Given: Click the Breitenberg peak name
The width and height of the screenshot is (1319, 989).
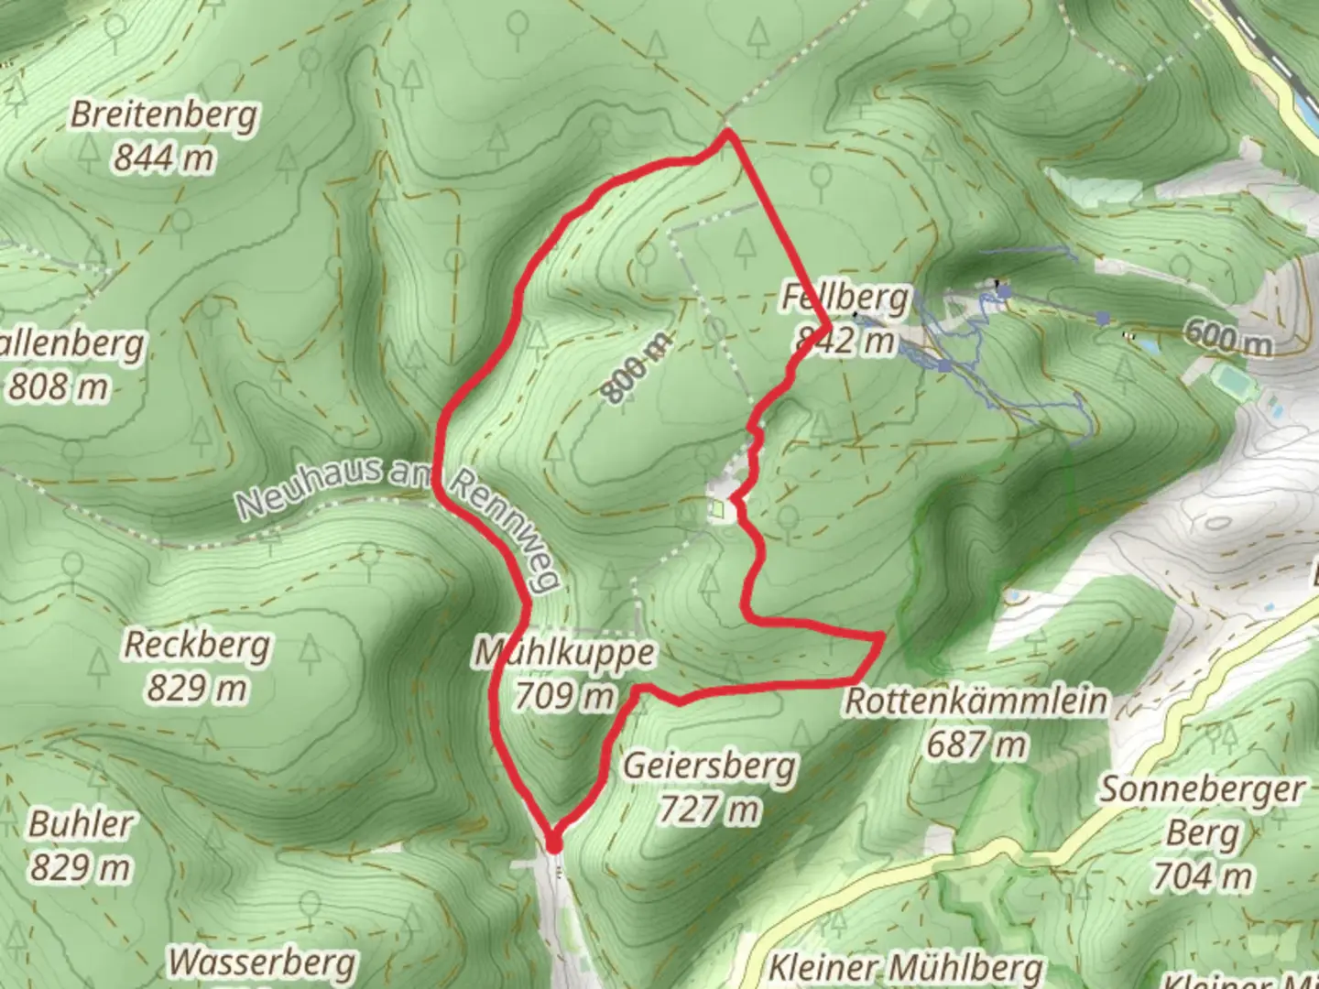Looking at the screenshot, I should click(x=164, y=115).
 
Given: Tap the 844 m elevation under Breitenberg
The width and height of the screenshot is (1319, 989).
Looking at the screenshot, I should click(x=164, y=158).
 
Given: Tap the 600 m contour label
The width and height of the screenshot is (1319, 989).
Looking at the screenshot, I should click(x=1227, y=337).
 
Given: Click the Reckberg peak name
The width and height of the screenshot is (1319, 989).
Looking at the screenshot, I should click(x=197, y=645).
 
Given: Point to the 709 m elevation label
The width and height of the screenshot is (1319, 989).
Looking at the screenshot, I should click(x=564, y=697).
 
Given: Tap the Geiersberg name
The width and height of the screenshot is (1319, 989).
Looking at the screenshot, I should click(x=709, y=766).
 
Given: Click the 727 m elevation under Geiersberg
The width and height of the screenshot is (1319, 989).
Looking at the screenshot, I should click(x=709, y=810).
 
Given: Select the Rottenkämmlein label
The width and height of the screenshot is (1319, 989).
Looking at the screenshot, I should click(x=976, y=701).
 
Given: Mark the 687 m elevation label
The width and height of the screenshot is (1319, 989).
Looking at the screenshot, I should click(x=976, y=744).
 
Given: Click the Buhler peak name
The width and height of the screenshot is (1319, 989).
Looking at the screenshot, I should click(x=81, y=823).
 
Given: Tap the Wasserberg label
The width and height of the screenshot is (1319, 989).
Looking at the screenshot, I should click(x=262, y=962).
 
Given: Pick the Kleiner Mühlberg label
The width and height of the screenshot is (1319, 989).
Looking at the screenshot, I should click(x=905, y=968).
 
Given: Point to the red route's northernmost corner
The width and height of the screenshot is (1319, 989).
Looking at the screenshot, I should click(x=727, y=134).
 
